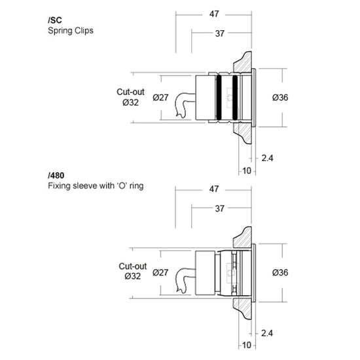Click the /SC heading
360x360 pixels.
coord(55,20)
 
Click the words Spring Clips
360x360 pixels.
coord(71,31)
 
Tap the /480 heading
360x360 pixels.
coord(56,175)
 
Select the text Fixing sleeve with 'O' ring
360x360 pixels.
coord(96,185)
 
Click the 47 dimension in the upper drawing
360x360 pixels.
coord(214,14)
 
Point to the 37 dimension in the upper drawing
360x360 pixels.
coord(220,33)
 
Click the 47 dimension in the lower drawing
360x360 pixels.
coord(214,189)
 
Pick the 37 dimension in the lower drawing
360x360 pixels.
coord(220,209)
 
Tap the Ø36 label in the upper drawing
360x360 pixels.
coord(280,98)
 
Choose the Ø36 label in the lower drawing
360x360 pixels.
coord(280,272)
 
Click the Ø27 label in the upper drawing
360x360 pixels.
coord(160,98)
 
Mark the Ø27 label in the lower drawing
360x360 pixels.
coord(160,272)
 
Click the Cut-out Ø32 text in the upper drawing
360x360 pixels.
coord(130,97)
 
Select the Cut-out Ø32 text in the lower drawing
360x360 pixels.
coord(133,271)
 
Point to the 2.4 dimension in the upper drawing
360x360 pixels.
coord(267,158)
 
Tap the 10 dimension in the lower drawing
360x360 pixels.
coord(247,345)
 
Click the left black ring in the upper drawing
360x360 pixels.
coord(219,98)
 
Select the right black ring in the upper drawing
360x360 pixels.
coord(235,98)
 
